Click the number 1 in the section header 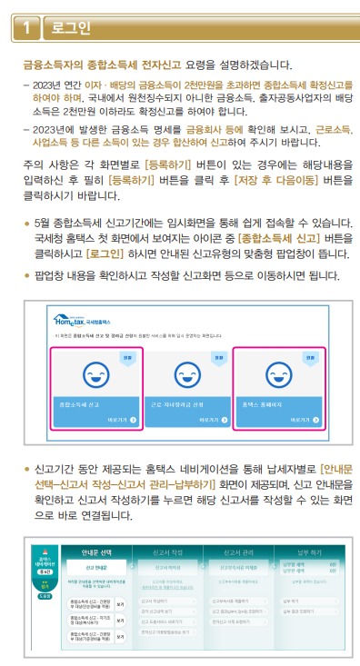point(27,28)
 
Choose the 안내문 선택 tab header point(97,552)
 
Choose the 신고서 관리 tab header point(240,552)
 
